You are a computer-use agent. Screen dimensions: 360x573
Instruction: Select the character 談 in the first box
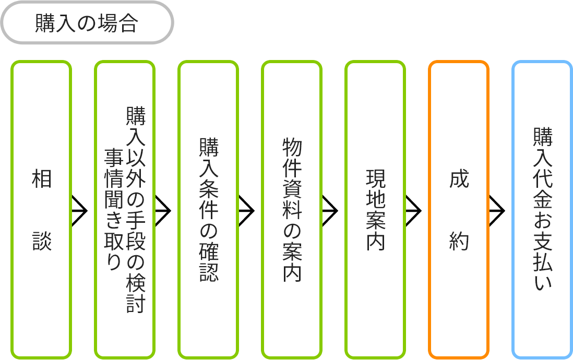click(42, 242)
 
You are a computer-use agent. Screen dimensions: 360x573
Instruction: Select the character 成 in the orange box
click(459, 179)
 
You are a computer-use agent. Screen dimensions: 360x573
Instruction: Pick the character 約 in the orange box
click(459, 242)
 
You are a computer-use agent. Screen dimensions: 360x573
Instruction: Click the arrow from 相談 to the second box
click(79, 211)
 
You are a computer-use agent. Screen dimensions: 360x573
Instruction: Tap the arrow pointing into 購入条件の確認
click(163, 211)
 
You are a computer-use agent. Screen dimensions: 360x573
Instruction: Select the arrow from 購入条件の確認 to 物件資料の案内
click(246, 211)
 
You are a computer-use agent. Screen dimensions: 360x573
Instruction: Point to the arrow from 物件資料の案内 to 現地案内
click(330, 211)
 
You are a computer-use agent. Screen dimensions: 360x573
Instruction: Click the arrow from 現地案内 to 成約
click(413, 211)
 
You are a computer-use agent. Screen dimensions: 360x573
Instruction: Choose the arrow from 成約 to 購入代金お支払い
click(497, 211)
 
